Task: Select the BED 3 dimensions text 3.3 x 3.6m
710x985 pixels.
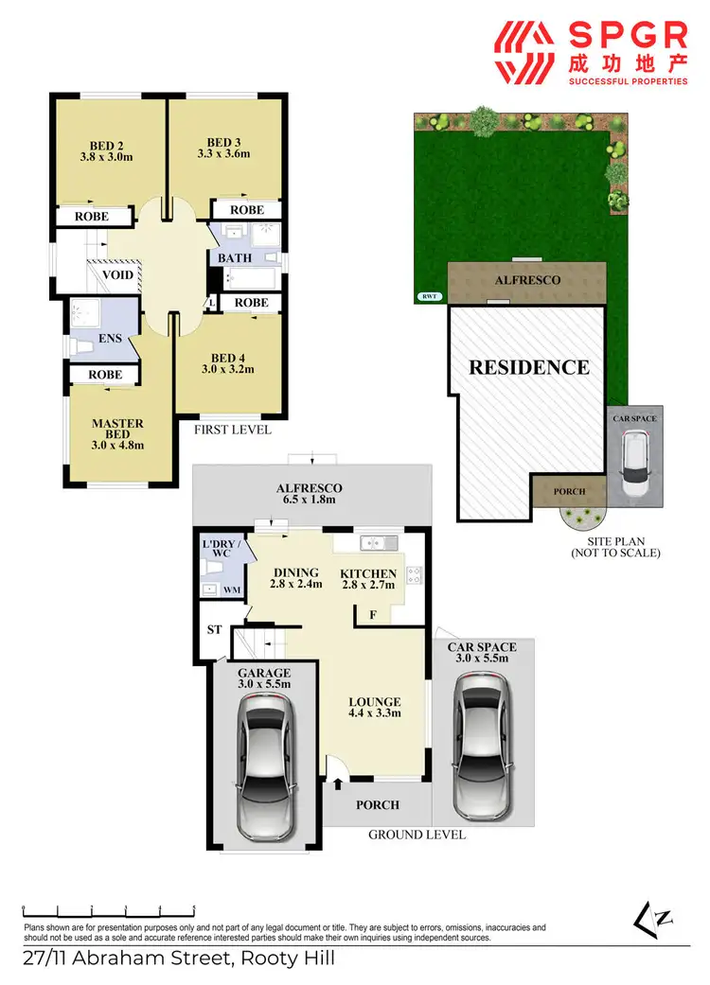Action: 223,152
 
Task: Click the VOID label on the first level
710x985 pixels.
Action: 118,275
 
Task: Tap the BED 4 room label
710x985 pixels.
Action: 228,358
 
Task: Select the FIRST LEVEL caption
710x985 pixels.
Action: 233,429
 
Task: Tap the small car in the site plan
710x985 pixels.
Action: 633,463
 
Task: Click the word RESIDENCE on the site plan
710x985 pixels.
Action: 529,367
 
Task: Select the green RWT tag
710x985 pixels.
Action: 429,296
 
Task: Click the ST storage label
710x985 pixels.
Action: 214,629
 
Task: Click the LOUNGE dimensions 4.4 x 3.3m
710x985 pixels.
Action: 374,713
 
